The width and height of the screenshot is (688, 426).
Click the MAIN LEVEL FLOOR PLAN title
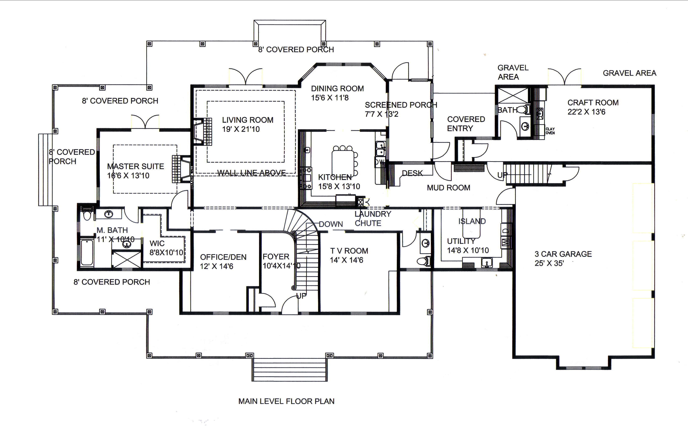coord(286,401)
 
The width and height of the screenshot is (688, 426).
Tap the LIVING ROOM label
coord(248,120)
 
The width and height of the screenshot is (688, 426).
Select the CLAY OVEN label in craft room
coord(550,131)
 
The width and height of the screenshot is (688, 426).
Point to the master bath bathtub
coord(87,252)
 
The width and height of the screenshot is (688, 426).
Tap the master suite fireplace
coord(181,169)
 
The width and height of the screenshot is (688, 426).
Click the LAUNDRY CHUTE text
coord(372,219)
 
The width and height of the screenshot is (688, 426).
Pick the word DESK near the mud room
coord(412,173)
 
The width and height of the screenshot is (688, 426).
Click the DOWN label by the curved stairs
coord(331,224)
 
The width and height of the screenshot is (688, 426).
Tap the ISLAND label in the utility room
coord(472,221)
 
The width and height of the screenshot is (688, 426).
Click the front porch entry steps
coord(290,370)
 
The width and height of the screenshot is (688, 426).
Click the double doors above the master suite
coord(145,122)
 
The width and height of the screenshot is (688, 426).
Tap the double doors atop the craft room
coord(564,77)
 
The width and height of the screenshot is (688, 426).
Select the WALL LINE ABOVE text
coord(252,173)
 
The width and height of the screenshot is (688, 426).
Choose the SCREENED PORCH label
coord(401,105)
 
